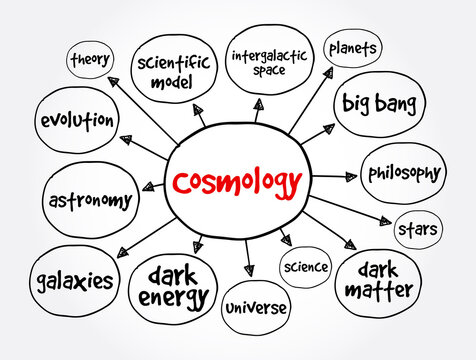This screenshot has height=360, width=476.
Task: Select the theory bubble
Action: coord(90,59)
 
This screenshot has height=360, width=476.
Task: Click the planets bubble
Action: coord(352,48)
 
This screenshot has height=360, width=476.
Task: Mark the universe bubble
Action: coord(254,308)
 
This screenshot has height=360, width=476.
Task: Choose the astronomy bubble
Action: coord(90,199)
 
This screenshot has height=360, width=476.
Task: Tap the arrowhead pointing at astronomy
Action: coord(151,186)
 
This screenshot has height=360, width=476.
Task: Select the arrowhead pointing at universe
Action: coord(249,268)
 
